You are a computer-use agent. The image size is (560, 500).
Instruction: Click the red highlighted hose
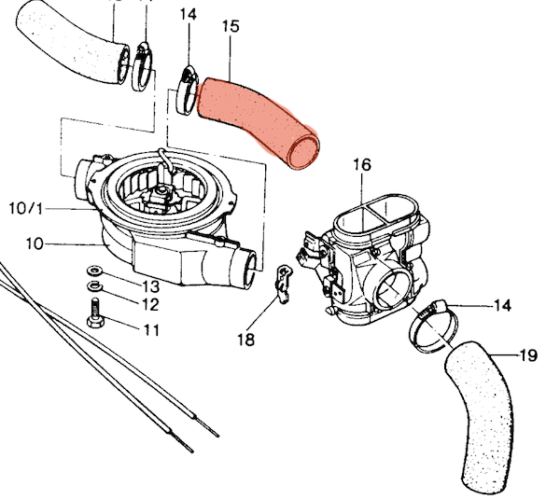click(x=258, y=121)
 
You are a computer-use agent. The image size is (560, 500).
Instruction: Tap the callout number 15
click(x=231, y=27)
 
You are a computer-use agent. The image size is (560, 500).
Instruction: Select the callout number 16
click(x=362, y=165)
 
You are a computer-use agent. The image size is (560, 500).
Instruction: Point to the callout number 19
click(x=528, y=355)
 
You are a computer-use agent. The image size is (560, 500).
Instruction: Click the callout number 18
click(x=246, y=340)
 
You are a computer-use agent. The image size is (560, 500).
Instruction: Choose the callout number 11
click(x=151, y=330)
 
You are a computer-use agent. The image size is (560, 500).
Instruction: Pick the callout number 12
click(x=150, y=305)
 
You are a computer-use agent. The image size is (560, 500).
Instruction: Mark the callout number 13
click(x=150, y=286)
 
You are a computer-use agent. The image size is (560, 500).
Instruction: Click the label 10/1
click(x=26, y=209)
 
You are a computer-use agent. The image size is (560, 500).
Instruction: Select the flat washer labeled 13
click(x=94, y=271)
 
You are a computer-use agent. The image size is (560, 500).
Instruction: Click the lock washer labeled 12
click(x=94, y=286)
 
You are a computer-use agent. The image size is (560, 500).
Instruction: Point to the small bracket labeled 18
click(x=283, y=284)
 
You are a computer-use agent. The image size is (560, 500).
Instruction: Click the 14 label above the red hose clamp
click(x=189, y=15)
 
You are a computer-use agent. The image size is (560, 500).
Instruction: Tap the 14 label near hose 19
click(x=502, y=306)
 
